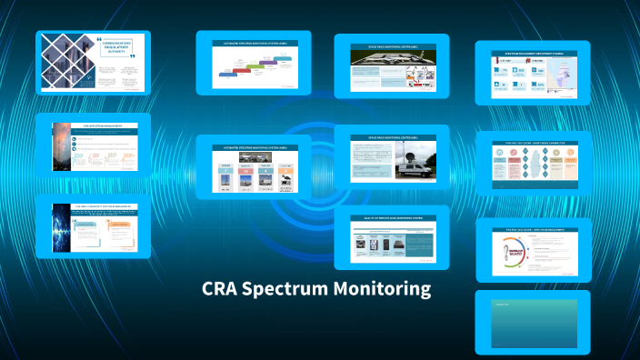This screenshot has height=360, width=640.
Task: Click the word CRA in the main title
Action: pyautogui.click(x=221, y=291)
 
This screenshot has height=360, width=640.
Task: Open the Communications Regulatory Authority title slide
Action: pyautogui.click(x=93, y=64)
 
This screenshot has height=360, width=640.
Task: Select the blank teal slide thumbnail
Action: pyautogui.click(x=533, y=322)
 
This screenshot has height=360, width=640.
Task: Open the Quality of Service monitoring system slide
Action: pyautogui.click(x=392, y=237)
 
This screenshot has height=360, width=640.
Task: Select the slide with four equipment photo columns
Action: pyautogui.click(x=254, y=168)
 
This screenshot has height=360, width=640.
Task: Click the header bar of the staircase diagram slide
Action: pyautogui.click(x=254, y=44)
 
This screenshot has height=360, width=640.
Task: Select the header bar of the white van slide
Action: pyautogui.click(x=392, y=136)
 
